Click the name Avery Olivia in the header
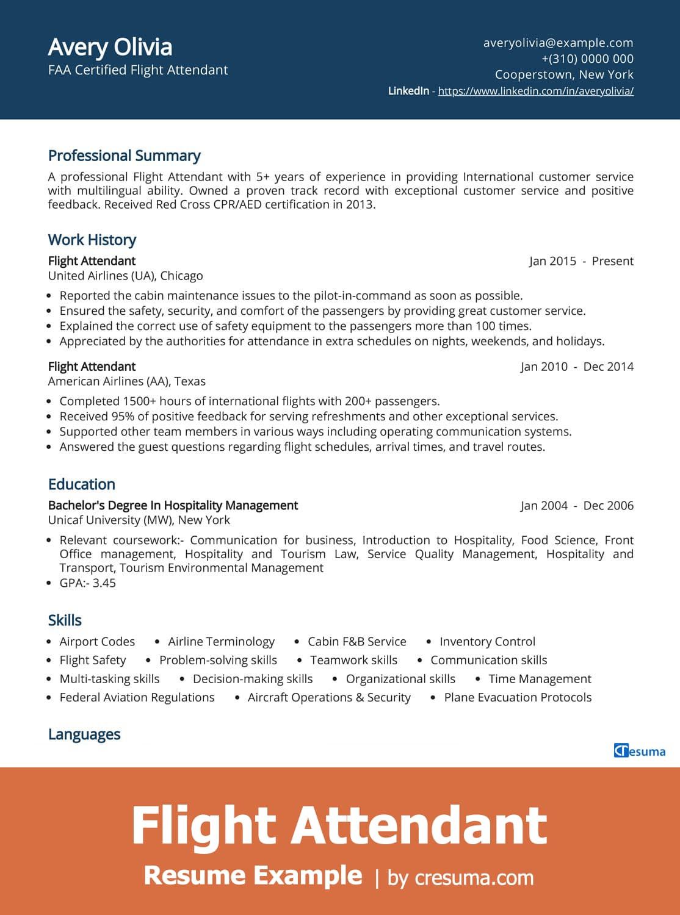point(110,47)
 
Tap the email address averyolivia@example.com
point(558,43)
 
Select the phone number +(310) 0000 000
point(587,59)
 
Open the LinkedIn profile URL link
point(535,91)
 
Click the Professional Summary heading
point(124,156)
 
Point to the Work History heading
point(92,240)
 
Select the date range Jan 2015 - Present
point(581,261)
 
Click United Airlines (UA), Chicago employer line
point(125,276)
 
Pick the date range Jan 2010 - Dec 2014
point(577,367)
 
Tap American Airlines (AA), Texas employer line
point(126,381)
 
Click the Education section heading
point(81,484)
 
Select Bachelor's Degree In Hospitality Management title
point(173,505)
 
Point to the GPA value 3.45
point(104,583)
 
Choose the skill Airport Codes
point(97,642)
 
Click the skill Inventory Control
point(487,642)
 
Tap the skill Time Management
point(540,679)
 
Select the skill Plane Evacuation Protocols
point(518,697)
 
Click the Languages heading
point(84,734)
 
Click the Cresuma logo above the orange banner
point(639,751)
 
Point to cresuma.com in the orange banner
point(474,878)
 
